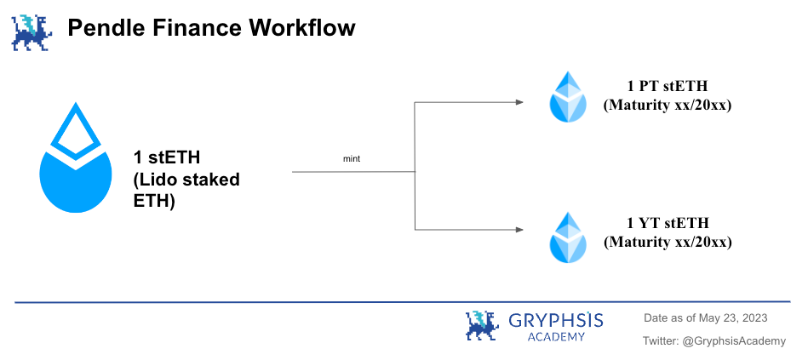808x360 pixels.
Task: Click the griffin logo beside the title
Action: [x=32, y=32]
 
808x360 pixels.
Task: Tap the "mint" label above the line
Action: [x=352, y=158]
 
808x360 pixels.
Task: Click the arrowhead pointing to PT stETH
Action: [x=519, y=102]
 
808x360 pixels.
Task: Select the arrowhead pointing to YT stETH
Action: [x=519, y=230]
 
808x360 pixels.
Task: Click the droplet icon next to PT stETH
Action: [x=567, y=97]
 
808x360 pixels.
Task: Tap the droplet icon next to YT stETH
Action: [x=567, y=237]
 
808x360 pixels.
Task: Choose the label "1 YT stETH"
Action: [x=668, y=222]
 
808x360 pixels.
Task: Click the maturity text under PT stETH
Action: [x=668, y=105]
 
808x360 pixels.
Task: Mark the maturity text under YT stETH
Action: [x=668, y=242]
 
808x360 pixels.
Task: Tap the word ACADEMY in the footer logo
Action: [x=556, y=337]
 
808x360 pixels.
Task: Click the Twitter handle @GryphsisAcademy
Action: [x=734, y=341]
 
